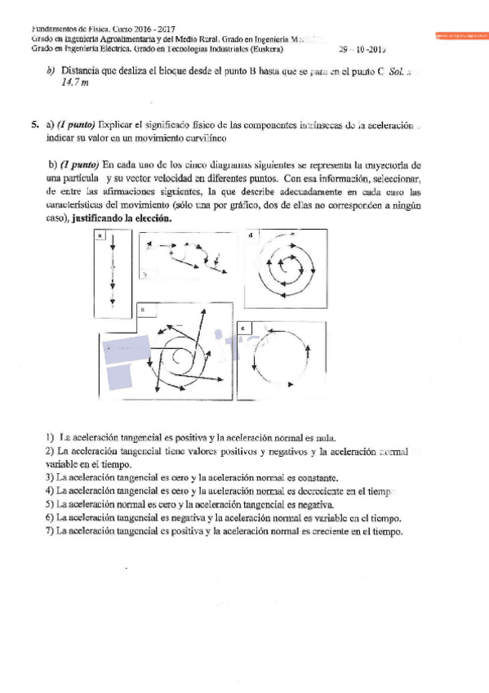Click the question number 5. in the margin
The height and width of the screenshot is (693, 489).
(36, 125)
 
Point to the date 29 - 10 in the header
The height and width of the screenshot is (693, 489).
(357, 48)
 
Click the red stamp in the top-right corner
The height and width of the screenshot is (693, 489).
(460, 35)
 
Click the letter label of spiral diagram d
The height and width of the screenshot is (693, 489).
(250, 235)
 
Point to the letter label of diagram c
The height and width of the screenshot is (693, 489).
(143, 310)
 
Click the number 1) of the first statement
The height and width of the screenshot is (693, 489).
(50, 438)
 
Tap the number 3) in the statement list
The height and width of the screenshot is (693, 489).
(50, 477)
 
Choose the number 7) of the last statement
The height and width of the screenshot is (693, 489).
(50, 531)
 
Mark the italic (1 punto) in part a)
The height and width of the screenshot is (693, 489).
(75, 125)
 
